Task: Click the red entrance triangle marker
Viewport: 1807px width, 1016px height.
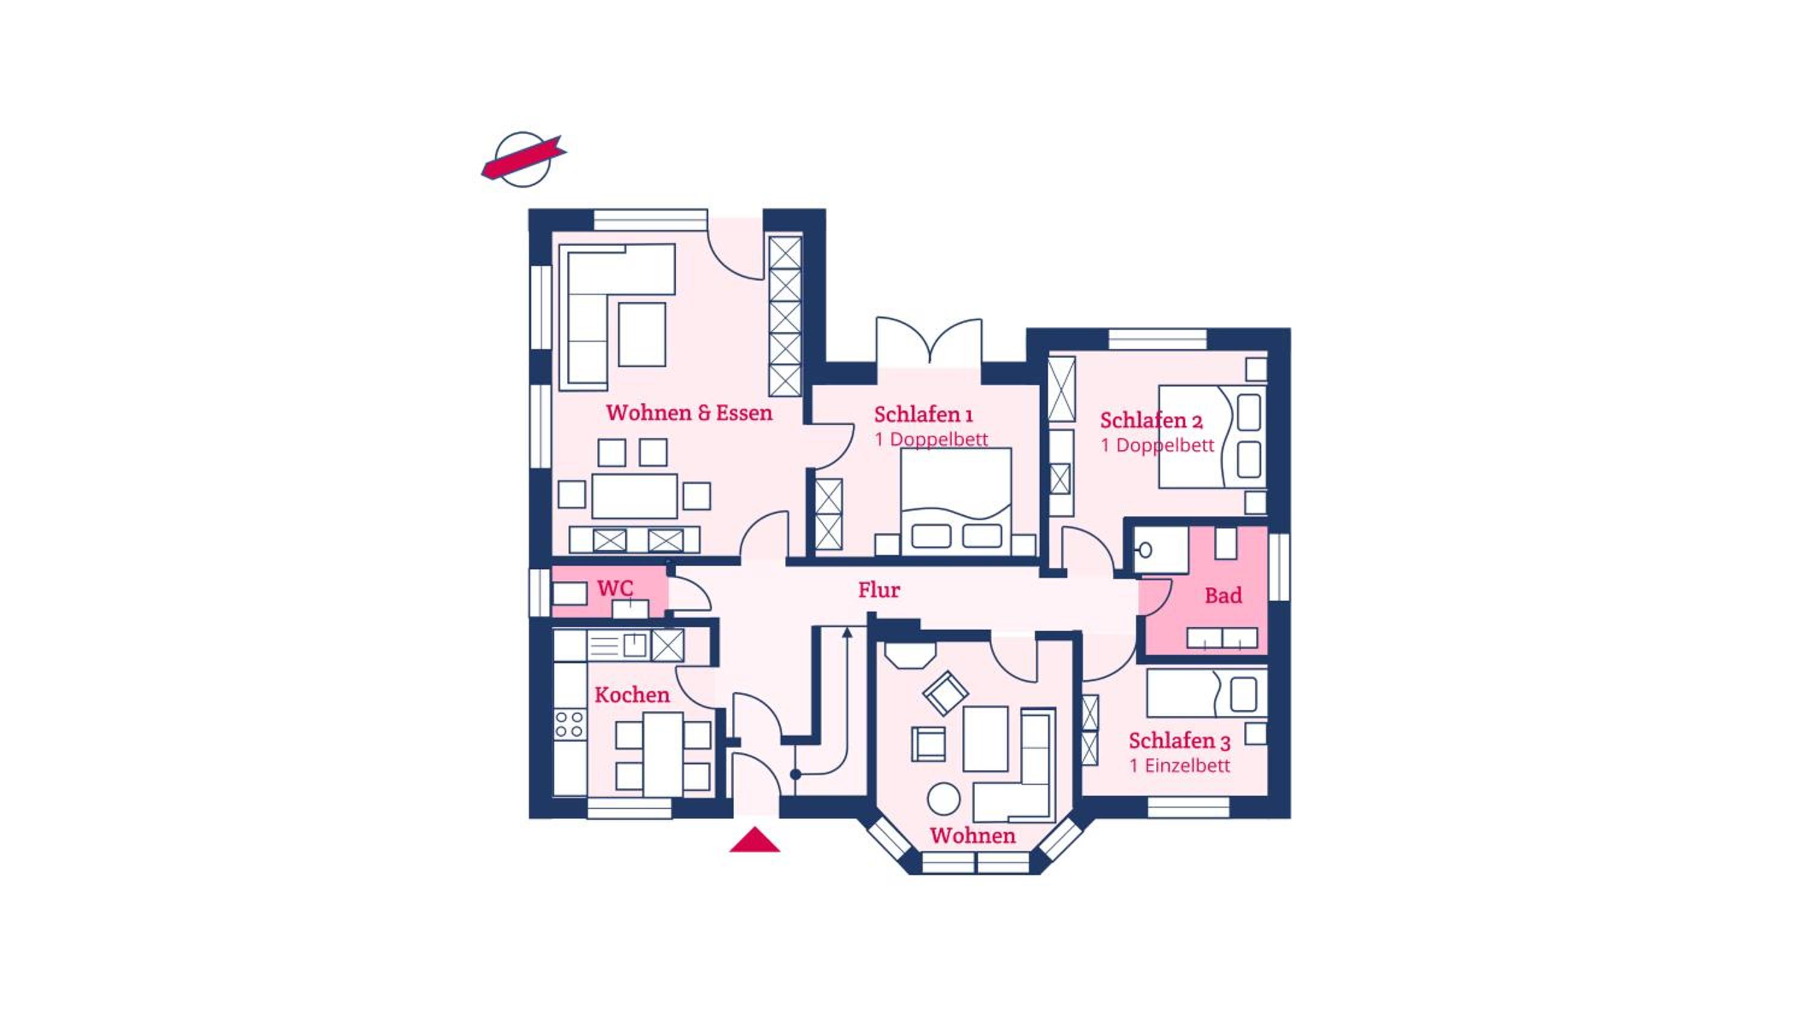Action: [754, 840]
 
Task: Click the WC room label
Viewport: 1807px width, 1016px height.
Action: [615, 588]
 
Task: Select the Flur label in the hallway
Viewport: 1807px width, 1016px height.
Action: [879, 590]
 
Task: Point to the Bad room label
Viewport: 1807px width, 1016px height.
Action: [1223, 596]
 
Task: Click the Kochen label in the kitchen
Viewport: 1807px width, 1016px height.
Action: [632, 695]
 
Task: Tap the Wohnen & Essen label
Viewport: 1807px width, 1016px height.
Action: [690, 413]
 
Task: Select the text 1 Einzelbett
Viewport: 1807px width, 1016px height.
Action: [1180, 766]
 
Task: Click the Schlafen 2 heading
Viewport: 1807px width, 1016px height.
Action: [1151, 420]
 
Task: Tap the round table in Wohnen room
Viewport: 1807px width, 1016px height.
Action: [943, 799]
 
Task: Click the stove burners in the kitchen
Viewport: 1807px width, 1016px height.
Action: [569, 724]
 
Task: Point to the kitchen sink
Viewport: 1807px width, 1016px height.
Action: [634, 645]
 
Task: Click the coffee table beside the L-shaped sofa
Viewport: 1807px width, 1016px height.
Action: [642, 335]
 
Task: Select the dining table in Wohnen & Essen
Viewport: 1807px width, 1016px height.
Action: [634, 497]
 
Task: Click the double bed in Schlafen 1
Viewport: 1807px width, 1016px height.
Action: [956, 502]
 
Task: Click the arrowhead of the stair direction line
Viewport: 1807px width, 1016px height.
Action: [847, 633]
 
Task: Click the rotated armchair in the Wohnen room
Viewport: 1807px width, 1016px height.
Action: [946, 693]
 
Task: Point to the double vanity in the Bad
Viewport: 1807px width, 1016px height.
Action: [1222, 638]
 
